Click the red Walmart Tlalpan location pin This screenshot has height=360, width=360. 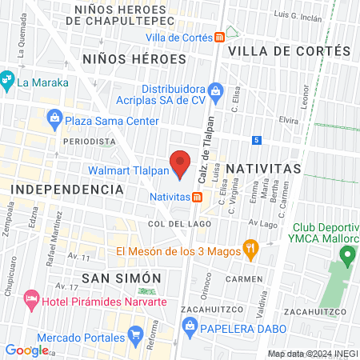tap(181, 162)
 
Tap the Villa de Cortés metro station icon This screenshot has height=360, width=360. tap(219, 38)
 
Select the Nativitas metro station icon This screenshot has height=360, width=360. tap(197, 196)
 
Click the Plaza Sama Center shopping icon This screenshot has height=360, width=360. tap(54, 121)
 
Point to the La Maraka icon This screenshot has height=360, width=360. tap(6, 81)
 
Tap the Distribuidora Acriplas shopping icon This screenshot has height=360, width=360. tap(214, 90)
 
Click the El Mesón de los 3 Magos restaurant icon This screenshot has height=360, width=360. tap(250, 250)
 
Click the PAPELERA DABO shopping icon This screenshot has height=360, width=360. tap(190, 325)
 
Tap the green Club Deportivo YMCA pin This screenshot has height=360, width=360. tap(347, 256)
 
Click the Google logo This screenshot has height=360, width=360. tap(26, 350)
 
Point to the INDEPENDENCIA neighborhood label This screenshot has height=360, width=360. tap(66, 190)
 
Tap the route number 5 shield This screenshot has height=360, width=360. tap(256, 141)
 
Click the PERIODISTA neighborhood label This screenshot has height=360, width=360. tap(89, 141)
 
